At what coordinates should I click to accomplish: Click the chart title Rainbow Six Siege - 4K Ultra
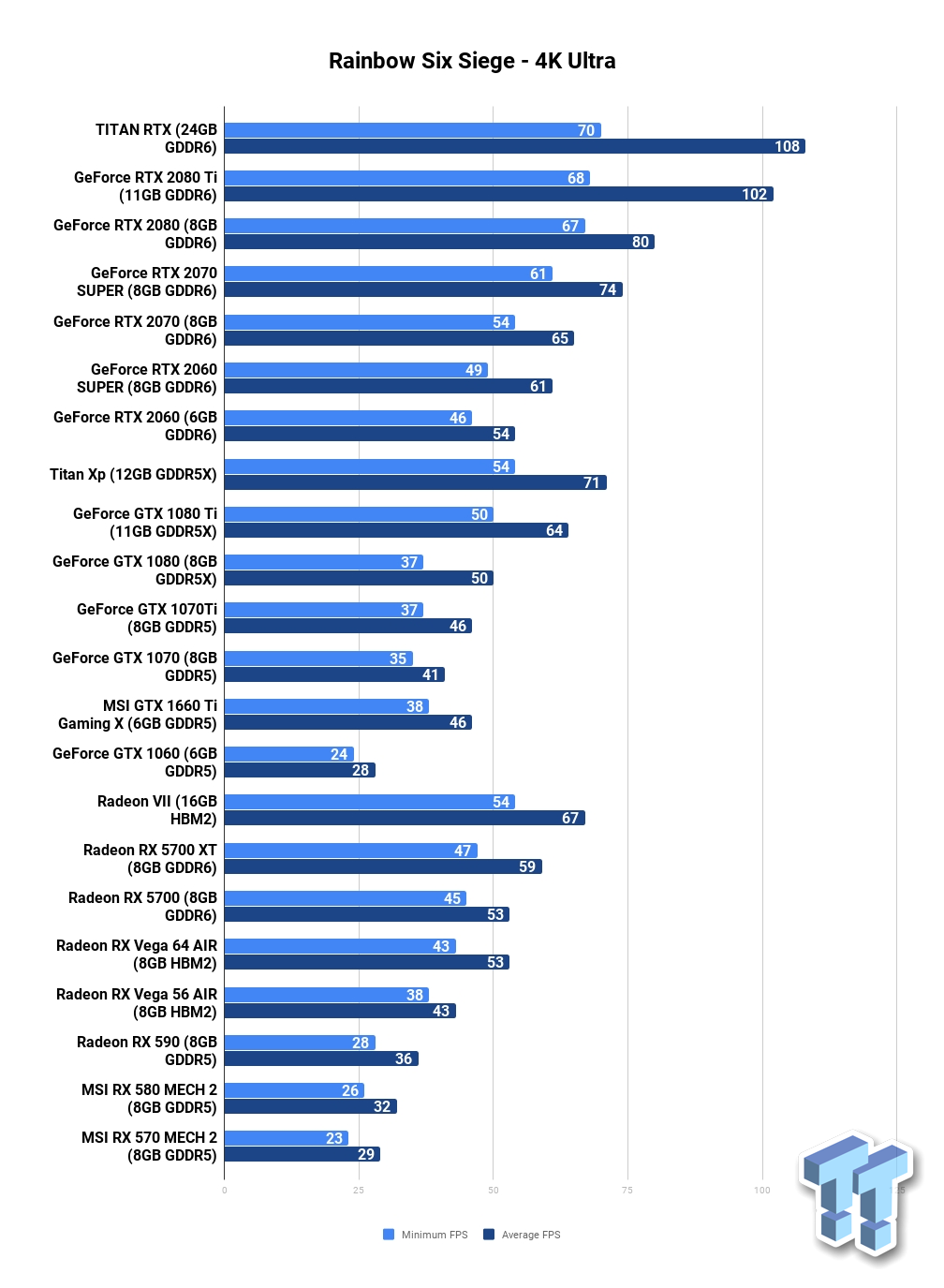(471, 61)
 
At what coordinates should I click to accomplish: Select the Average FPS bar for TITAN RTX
(514, 147)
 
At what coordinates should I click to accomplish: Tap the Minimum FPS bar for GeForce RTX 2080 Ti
(407, 178)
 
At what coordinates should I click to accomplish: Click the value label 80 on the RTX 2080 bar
(640, 242)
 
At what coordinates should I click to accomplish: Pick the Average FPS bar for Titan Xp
(415, 482)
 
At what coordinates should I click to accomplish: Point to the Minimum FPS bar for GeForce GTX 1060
(288, 754)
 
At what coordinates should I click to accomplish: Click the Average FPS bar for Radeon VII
(405, 818)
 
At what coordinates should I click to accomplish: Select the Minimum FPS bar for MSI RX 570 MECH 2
(287, 1138)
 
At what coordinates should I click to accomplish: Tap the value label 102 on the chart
(754, 194)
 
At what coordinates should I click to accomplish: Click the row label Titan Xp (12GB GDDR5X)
(133, 474)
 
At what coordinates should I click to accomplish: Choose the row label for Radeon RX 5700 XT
(150, 858)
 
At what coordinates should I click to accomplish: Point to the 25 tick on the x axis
(359, 1191)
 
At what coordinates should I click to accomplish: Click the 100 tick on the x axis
(762, 1191)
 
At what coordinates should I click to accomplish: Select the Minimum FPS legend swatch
(389, 1235)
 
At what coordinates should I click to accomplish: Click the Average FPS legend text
(531, 1235)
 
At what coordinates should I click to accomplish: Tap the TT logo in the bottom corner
(857, 1196)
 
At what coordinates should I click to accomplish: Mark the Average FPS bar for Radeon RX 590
(321, 1059)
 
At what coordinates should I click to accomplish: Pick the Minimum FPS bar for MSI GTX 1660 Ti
(327, 706)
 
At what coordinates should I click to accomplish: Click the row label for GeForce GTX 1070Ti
(147, 618)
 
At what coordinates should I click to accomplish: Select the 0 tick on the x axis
(224, 1191)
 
